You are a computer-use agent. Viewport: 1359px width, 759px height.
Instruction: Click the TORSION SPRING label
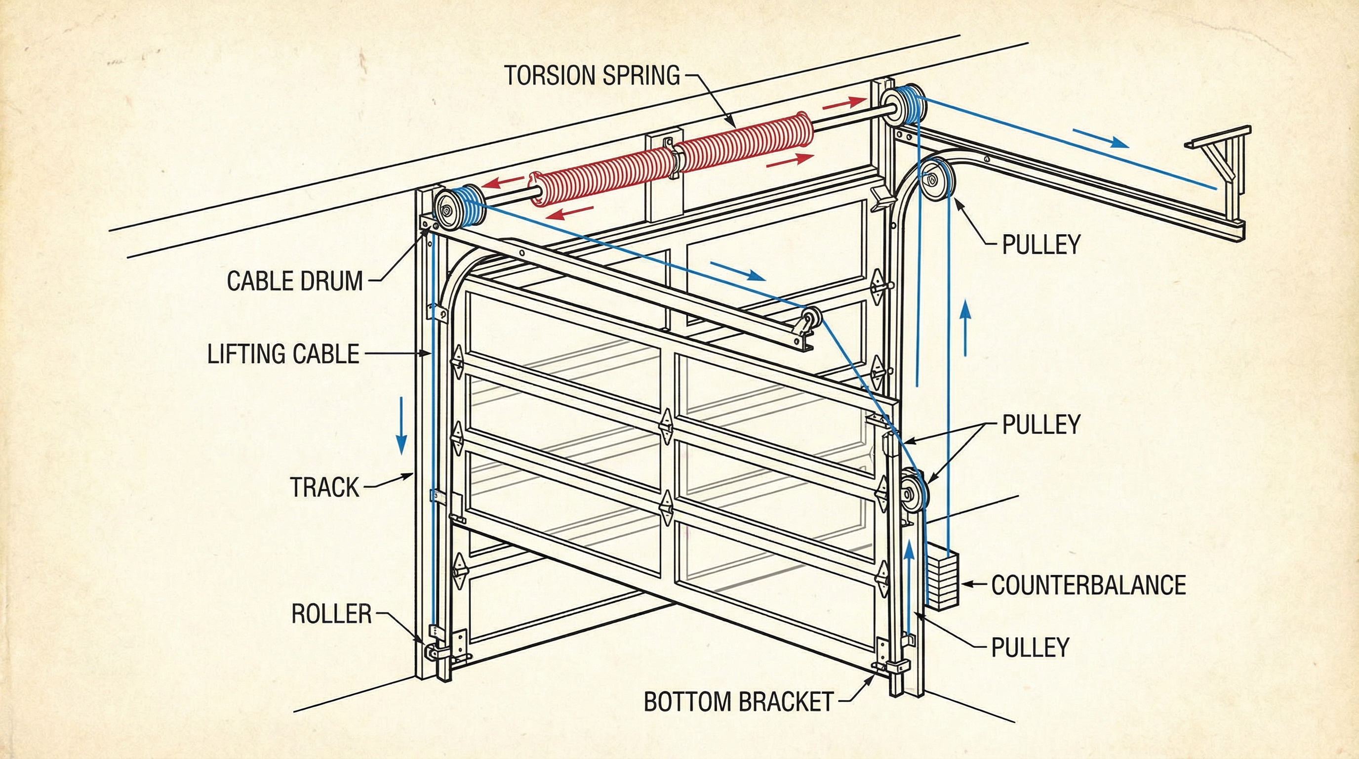click(592, 75)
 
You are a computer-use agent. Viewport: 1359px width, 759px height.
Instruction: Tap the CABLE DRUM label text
click(295, 281)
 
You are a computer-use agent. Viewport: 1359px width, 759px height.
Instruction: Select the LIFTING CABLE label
click(283, 354)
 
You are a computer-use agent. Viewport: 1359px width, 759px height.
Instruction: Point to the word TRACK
click(324, 487)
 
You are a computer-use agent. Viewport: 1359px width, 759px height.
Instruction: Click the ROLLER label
click(331, 614)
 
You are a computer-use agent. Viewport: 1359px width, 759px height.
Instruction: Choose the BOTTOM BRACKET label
click(738, 702)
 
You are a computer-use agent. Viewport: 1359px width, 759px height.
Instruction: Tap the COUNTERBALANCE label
click(1088, 585)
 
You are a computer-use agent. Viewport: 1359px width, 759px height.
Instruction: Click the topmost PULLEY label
click(1041, 245)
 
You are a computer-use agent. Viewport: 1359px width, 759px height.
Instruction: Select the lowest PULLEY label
click(1030, 647)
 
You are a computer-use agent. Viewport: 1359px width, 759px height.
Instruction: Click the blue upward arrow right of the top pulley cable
click(966, 327)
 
